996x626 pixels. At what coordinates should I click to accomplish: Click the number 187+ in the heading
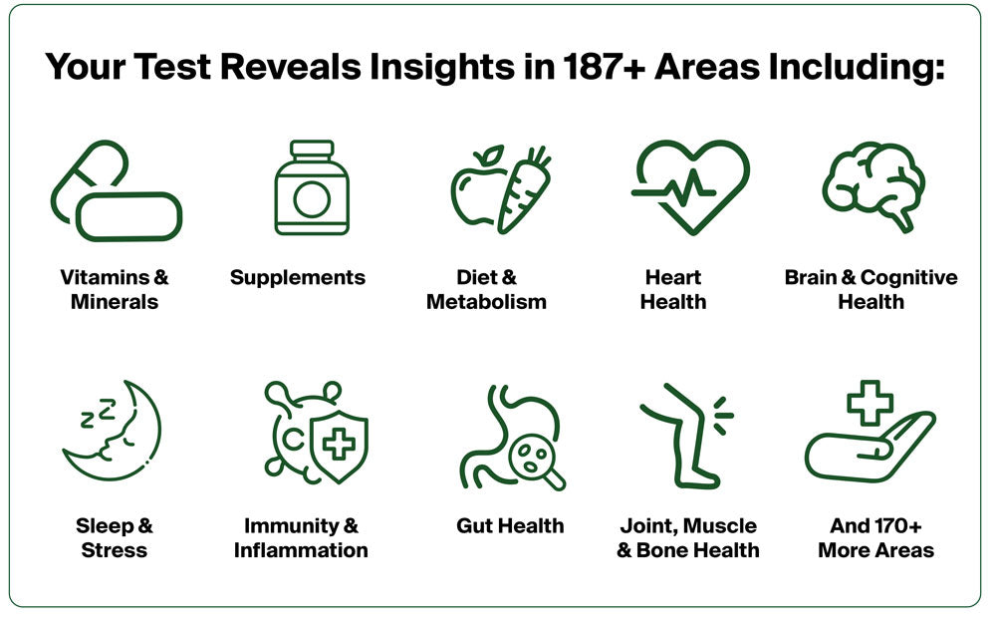point(604,67)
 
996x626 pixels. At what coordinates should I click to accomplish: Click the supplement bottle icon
point(312,187)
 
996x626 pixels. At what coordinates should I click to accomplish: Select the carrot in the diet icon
point(524,188)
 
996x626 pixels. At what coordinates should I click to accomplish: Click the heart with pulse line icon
point(690,186)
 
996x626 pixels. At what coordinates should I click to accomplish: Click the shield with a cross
point(339,446)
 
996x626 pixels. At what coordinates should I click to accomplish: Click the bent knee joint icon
point(686,436)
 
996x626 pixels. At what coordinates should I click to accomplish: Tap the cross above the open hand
point(871,403)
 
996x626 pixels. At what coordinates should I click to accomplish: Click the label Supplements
point(297,278)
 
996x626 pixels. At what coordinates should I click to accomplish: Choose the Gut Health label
point(510,525)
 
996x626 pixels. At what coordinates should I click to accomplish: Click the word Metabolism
point(487,302)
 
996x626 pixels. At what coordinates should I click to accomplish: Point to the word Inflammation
point(301,550)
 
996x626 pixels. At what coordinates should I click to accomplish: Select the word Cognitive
point(909,278)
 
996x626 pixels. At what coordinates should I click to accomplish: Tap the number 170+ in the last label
point(898,525)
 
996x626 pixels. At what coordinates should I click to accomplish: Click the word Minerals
point(115,302)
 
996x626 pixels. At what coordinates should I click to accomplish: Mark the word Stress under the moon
point(115,550)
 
